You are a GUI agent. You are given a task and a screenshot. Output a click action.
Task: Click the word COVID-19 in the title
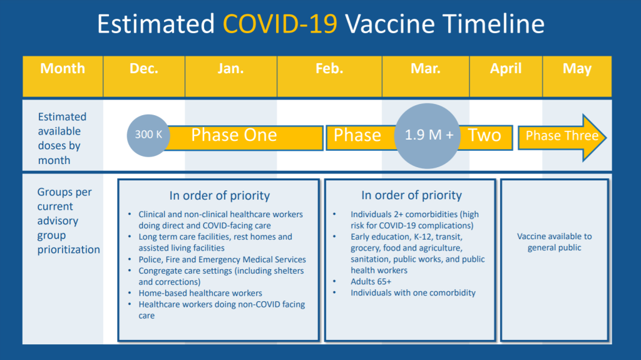280,23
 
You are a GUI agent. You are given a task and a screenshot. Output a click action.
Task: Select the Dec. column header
144,76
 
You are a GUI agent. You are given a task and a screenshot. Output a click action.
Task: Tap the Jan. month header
231,76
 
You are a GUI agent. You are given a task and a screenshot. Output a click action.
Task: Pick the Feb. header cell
329,76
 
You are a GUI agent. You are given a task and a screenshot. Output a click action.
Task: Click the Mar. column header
426,76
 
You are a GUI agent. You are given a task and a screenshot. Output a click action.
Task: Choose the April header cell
506,76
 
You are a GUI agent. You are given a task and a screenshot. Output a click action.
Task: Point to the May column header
577,76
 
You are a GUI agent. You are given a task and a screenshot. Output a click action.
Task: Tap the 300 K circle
148,135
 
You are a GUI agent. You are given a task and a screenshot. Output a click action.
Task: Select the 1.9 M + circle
427,136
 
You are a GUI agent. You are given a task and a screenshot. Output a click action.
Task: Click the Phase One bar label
234,135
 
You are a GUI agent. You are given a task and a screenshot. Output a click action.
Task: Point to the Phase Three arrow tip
606,138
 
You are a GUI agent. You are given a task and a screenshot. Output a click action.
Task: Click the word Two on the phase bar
485,135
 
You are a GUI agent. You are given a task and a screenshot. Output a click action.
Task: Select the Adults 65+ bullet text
371,282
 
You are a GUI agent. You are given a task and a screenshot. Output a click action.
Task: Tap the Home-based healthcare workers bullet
200,293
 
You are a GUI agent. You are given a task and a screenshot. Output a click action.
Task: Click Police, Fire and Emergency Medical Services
222,259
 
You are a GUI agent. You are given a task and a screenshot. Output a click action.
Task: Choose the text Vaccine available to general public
555,242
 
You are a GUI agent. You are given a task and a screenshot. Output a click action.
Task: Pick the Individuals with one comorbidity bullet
413,293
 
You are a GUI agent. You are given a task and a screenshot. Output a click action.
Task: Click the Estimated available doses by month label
62,138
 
